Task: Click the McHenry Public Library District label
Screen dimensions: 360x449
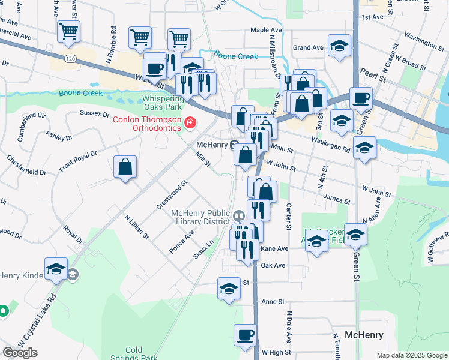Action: (x=200, y=217)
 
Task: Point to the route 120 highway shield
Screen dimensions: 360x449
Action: (x=71, y=58)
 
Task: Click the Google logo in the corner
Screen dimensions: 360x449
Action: (x=20, y=353)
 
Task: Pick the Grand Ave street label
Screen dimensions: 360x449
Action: (x=308, y=47)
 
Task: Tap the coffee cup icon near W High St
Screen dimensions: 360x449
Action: (x=244, y=335)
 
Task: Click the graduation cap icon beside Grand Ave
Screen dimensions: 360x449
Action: (x=339, y=45)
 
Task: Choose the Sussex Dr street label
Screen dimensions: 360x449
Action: (x=95, y=113)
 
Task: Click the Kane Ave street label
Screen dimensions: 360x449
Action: (x=275, y=248)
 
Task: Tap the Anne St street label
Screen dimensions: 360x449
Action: (x=271, y=302)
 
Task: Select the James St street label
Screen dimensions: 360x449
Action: (x=336, y=199)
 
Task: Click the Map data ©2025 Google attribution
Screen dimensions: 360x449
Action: (x=412, y=355)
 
